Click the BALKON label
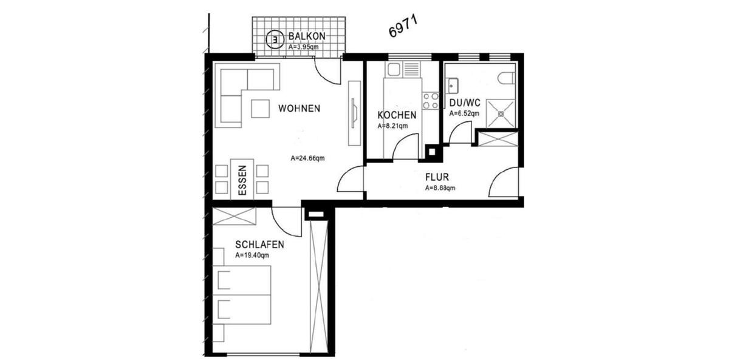(307, 36)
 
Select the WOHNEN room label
(299, 109)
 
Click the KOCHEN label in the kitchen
(397, 115)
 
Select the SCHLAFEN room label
(260, 244)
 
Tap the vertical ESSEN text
(242, 180)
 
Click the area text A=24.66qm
(307, 159)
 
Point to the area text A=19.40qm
(252, 255)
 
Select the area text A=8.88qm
(440, 188)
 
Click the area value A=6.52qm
(464, 113)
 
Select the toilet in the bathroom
(505, 78)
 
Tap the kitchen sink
(394, 71)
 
